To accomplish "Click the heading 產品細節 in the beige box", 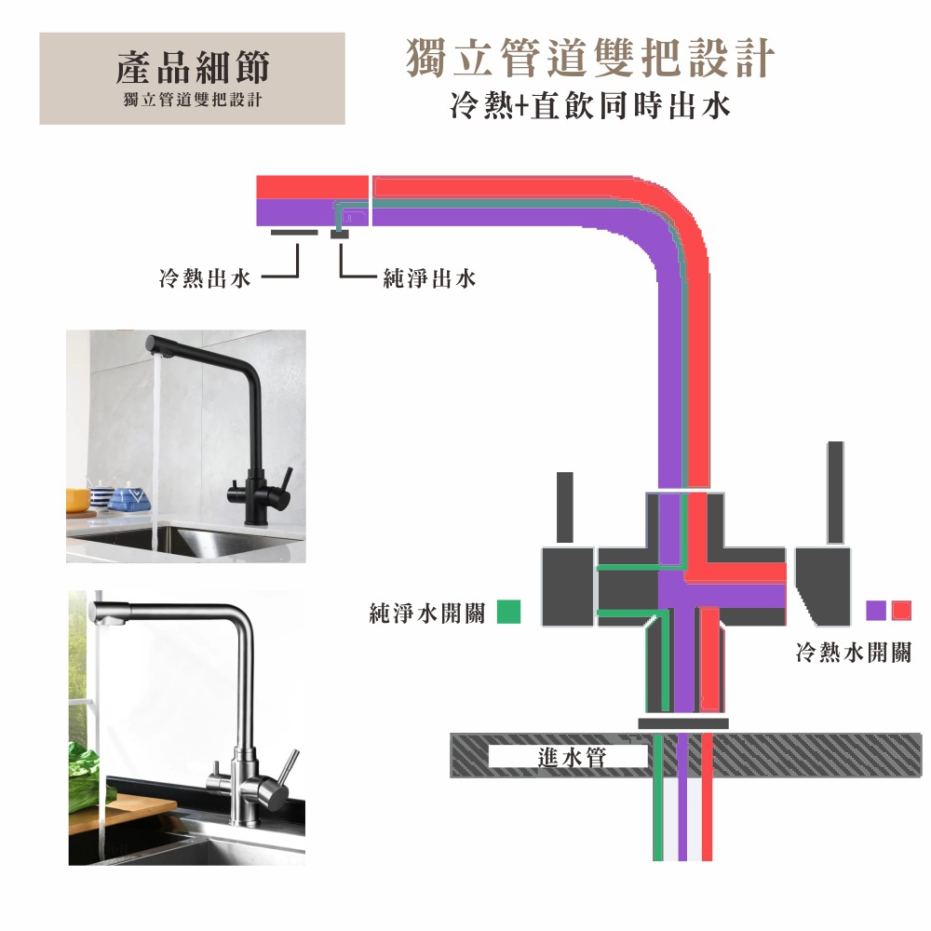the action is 193,67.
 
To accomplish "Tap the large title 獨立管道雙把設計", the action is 590,58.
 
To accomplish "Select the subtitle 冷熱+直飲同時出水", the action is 589,106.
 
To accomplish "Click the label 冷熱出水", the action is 205,277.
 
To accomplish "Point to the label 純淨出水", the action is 429,277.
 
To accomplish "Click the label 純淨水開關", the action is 427,614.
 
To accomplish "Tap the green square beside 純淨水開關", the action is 509,612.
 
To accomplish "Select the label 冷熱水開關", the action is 853,653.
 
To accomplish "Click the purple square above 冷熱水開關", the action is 876,611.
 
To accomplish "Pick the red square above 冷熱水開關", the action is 901,611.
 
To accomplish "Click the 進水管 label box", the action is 568,757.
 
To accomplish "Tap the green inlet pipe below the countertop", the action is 658,797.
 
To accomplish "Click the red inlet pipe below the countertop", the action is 707,797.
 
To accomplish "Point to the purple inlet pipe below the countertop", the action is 682,797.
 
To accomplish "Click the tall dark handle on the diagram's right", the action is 835,492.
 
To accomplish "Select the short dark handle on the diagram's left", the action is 565,507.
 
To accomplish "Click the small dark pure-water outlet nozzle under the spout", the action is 340,234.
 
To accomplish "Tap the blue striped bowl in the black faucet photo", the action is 129,500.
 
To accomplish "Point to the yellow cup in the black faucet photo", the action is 78,500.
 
